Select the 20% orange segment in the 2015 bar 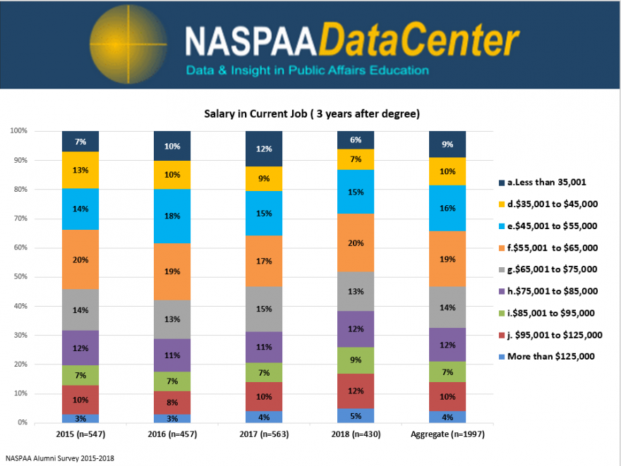pyautogui.click(x=80, y=259)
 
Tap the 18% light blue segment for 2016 pyautogui.click(x=172, y=216)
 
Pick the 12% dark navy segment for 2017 pyautogui.click(x=264, y=149)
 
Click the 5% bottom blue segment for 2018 pyautogui.click(x=356, y=415)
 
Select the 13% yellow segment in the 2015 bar pyautogui.click(x=80, y=170)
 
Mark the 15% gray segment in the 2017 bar pyautogui.click(x=264, y=309)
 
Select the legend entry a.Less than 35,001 pyautogui.click(x=548, y=183)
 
